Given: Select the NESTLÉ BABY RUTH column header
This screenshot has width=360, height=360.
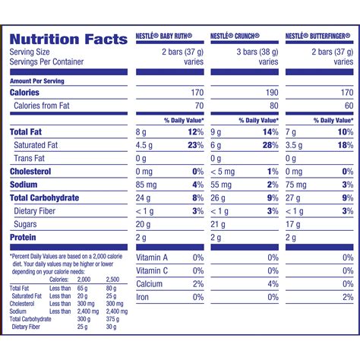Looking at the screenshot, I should pyautogui.click(x=169, y=36).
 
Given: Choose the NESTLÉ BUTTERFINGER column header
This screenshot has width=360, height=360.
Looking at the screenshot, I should pyautogui.click(x=320, y=36).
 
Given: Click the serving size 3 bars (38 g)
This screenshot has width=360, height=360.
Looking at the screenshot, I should pyautogui.click(x=252, y=51).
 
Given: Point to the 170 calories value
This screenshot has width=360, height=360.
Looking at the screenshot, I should pyautogui.click(x=196, y=93).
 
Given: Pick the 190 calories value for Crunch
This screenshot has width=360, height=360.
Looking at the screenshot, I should pyautogui.click(x=271, y=93).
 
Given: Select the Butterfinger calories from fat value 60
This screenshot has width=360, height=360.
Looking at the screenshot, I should pyautogui.click(x=348, y=106).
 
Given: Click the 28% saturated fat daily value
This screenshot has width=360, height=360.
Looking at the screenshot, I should pyautogui.click(x=269, y=145).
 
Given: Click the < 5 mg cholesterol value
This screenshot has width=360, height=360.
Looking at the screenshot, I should pyautogui.click(x=223, y=172).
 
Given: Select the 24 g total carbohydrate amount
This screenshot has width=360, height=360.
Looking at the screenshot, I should pyautogui.click(x=144, y=197).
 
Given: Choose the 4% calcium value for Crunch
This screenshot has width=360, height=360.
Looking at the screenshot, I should pyautogui.click(x=273, y=284).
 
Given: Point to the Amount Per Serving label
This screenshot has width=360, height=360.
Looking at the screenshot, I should pyautogui.click(x=37, y=81).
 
